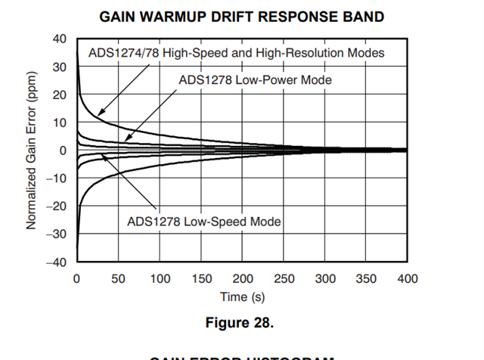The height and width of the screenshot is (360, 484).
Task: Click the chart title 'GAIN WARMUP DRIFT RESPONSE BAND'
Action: point(241,16)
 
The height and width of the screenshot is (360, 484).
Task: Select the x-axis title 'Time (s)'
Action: point(241,296)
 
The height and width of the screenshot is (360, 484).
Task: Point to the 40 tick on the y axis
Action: point(60,39)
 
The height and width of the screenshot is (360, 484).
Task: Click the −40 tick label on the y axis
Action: point(57,262)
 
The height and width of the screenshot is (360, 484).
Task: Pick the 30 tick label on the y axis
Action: point(60,67)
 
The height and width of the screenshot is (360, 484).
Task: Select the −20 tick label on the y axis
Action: point(57,206)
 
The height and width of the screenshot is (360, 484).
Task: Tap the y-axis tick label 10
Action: point(60,123)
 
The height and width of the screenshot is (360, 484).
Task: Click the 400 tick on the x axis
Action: point(408,278)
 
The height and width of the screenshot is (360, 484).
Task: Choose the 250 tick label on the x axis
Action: point(284,278)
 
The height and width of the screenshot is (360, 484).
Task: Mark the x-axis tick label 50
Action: point(118,278)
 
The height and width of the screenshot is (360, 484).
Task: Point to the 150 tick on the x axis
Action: point(200,278)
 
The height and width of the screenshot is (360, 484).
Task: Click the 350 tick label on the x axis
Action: point(366,278)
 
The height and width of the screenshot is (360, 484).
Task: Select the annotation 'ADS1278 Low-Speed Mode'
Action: point(204,222)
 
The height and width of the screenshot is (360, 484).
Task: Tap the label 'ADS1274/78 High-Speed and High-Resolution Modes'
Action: point(237,53)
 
